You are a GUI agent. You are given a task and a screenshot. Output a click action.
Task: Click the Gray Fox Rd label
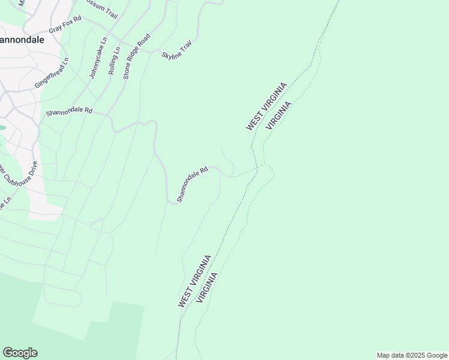64,28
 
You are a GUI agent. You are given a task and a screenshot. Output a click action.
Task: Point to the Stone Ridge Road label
136,56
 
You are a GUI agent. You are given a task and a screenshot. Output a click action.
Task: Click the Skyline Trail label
177,49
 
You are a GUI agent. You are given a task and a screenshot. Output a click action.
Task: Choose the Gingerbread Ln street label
52,73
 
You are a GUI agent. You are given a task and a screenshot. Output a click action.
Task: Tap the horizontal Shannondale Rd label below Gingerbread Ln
69,112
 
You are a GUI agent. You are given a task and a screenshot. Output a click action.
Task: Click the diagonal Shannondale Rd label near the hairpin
192,184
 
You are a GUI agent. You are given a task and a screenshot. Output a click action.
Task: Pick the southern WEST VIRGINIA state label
194,281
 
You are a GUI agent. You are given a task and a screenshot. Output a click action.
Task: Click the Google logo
20,353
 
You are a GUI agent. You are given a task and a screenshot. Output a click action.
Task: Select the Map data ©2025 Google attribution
412,355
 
